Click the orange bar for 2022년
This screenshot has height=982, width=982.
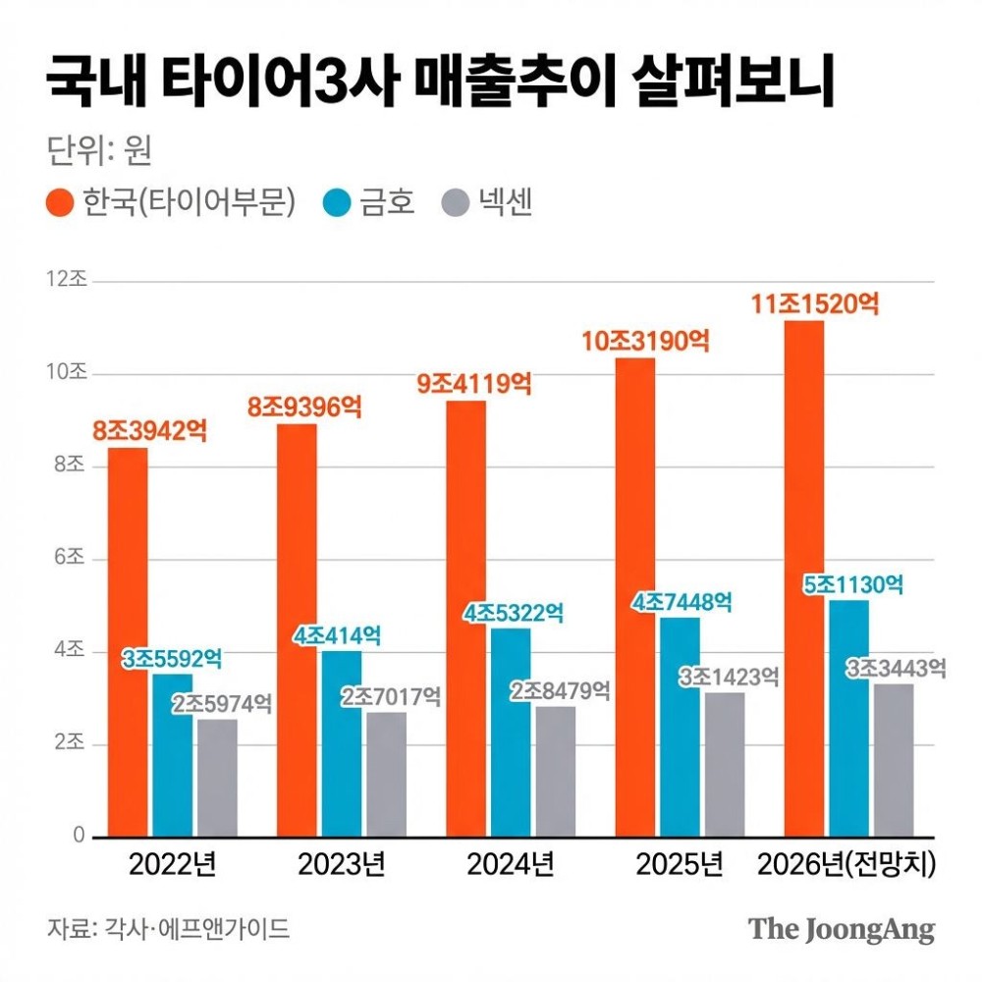128,642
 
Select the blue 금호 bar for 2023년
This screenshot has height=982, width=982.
342,743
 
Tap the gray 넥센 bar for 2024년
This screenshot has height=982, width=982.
555,772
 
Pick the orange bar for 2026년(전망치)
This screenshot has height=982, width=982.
803,579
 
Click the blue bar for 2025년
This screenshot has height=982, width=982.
680,727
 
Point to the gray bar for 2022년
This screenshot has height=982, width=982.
217,778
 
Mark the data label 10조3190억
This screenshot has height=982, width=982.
645,342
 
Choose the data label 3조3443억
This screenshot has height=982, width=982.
897,669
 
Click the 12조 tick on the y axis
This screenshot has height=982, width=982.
68,280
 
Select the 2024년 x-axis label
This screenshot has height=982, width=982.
510,865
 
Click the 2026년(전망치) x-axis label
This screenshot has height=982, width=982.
847,865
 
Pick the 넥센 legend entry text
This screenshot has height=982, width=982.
506,203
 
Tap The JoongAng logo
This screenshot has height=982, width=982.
842,929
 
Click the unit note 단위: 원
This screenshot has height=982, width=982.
98,152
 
